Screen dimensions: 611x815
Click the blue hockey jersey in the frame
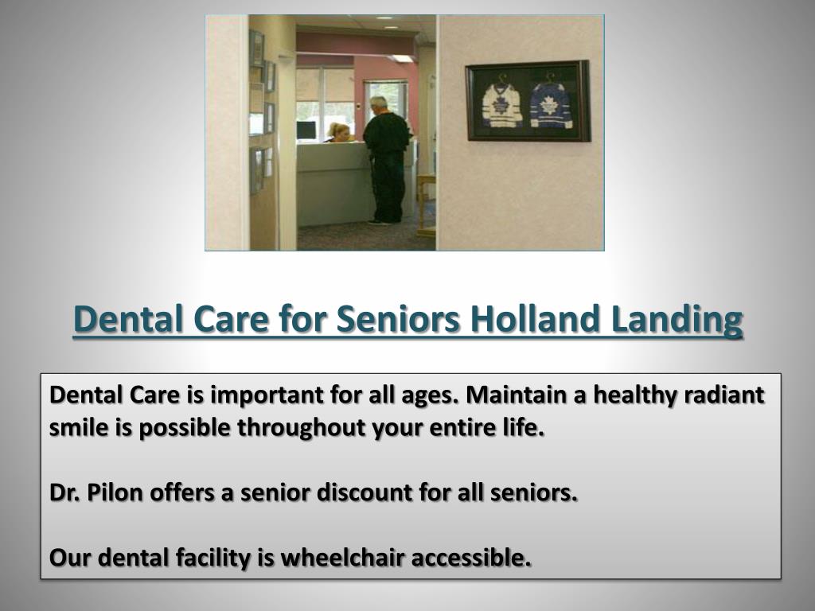click(x=552, y=105)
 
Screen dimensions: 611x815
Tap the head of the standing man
click(x=379, y=104)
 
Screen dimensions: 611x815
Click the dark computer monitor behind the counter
click(x=306, y=130)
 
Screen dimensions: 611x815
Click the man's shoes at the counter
click(x=384, y=221)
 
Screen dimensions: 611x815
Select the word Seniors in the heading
click(x=399, y=320)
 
